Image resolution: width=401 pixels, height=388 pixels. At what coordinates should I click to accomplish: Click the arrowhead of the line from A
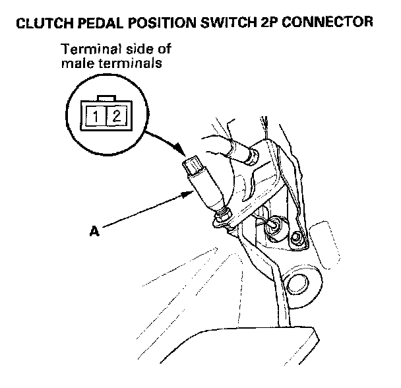[x=192, y=192]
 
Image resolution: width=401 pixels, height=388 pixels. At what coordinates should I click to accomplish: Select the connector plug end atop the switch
[x=194, y=165]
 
